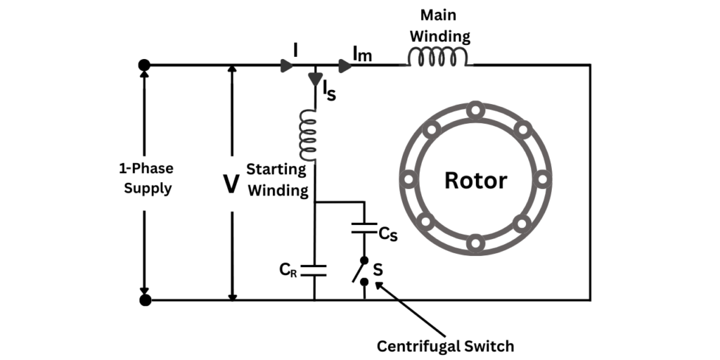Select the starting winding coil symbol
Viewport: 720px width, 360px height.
point(309,134)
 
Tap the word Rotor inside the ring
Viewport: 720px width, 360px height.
point(475,181)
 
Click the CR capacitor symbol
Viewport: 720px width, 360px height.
point(314,269)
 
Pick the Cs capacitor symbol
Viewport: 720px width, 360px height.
point(364,228)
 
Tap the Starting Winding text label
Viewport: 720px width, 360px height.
point(277,180)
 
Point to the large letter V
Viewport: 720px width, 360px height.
point(231,184)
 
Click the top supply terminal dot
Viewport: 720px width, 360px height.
point(145,65)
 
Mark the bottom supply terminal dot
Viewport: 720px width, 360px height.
point(145,300)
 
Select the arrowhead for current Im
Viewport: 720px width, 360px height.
point(345,65)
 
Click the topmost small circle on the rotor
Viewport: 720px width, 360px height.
point(475,110)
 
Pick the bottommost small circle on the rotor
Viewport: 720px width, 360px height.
point(475,244)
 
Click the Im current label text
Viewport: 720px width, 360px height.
point(362,53)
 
